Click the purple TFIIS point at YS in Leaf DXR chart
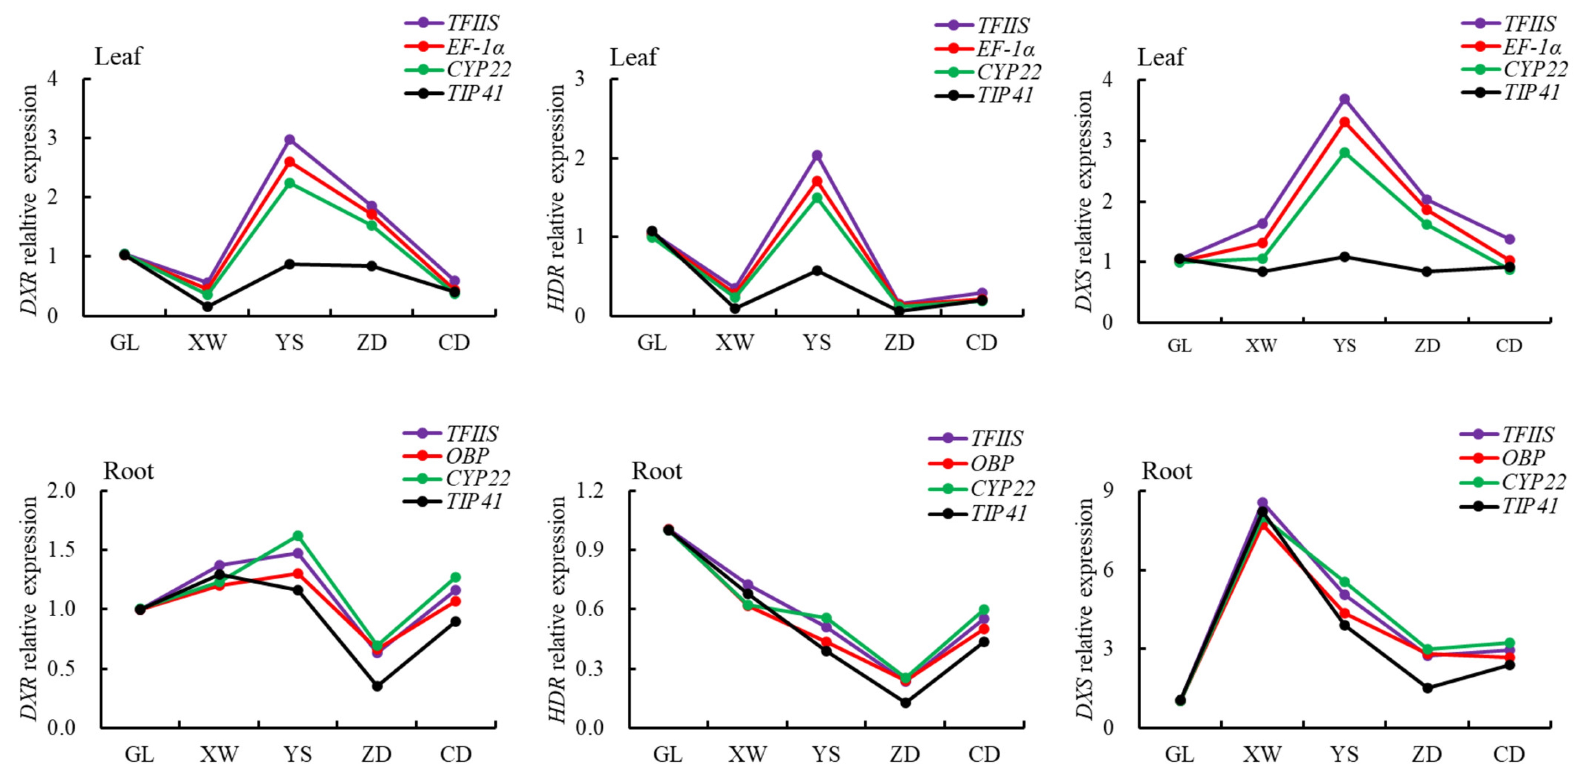tap(290, 140)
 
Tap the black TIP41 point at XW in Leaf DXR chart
tap(207, 306)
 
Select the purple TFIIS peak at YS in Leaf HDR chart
tap(817, 156)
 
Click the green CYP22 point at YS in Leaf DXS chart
tap(1344, 153)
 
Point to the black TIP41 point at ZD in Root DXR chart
tap(377, 686)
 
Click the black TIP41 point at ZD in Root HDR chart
tap(906, 703)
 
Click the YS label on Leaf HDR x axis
tap(817, 343)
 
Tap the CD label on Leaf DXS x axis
tap(1509, 346)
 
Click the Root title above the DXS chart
tap(1167, 471)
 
